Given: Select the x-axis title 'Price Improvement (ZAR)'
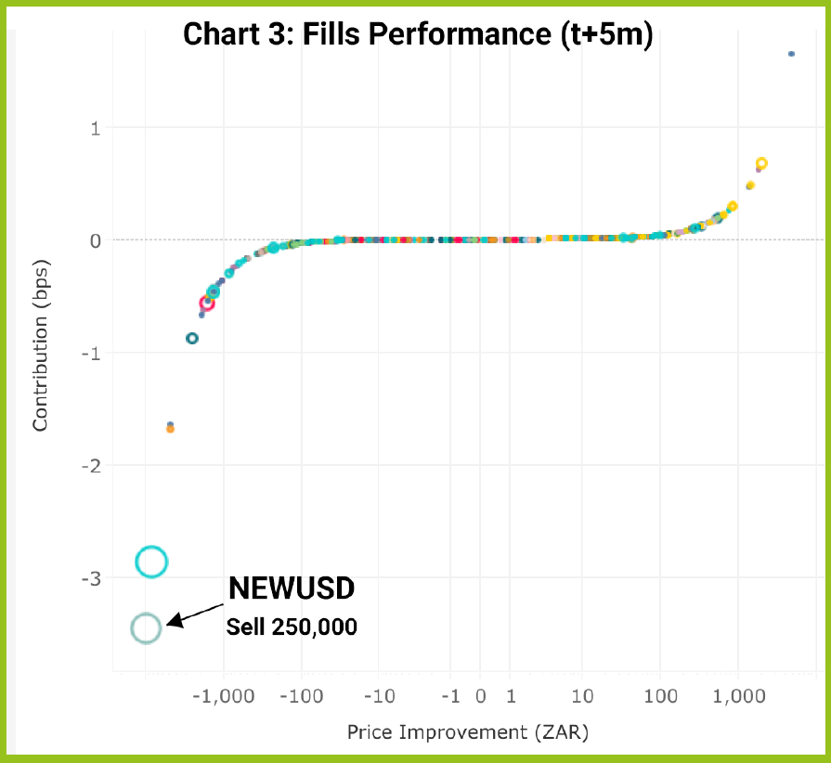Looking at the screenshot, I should click(468, 731).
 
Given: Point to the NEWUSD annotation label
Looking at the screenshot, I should click(292, 589).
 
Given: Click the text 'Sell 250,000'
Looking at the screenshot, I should click(292, 627).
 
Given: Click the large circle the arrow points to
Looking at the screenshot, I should click(146, 628).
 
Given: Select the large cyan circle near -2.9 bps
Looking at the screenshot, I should click(151, 561).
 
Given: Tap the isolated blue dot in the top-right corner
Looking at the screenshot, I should click(791, 54).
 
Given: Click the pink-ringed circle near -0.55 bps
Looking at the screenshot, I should click(207, 303).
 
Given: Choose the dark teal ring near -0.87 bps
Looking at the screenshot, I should click(192, 338).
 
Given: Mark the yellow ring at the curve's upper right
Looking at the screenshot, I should click(761, 164).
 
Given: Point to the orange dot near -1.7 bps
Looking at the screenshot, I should click(170, 429).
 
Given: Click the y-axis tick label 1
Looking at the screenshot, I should click(95, 127).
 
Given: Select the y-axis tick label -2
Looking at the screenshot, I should click(91, 466).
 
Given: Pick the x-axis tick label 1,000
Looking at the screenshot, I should click(739, 696).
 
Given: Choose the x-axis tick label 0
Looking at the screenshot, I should click(480, 696).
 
